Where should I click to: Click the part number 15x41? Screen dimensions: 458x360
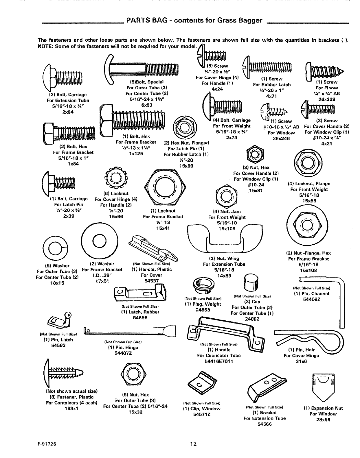point(163,228)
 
